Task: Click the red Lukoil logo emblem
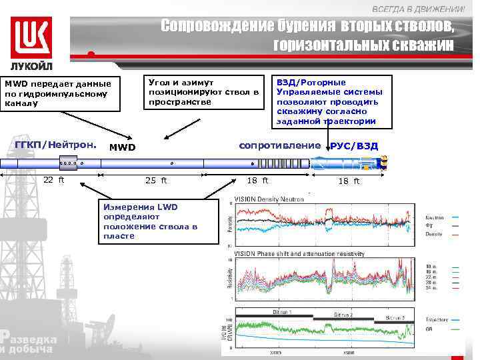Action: tap(31, 37)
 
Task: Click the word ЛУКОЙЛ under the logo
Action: tap(31, 67)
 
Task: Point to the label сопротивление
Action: tap(280, 145)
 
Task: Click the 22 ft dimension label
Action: tap(53, 179)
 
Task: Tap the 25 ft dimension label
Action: tap(156, 180)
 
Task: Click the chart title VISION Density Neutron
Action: tap(269, 199)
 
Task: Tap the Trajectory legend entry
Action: tap(437, 319)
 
